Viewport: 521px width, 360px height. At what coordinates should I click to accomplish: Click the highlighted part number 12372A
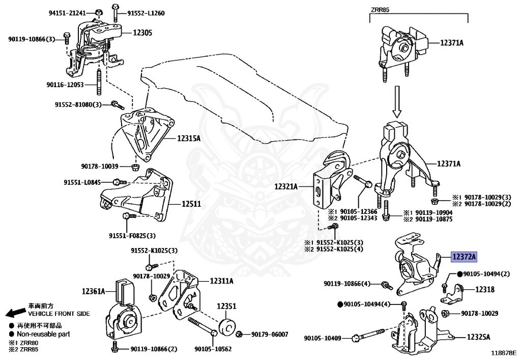coord(462,258)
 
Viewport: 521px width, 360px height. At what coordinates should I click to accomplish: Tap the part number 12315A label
coord(189,138)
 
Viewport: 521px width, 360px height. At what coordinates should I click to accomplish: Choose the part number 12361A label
coord(93,291)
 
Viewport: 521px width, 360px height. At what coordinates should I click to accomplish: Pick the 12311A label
coord(220,281)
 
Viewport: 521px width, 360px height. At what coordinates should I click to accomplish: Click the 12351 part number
coord(226,307)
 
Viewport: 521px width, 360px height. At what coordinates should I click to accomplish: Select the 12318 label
coord(485,289)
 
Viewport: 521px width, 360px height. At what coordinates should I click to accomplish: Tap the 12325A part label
coord(479,337)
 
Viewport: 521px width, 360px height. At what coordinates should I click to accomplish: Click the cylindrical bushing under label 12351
coord(226,326)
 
